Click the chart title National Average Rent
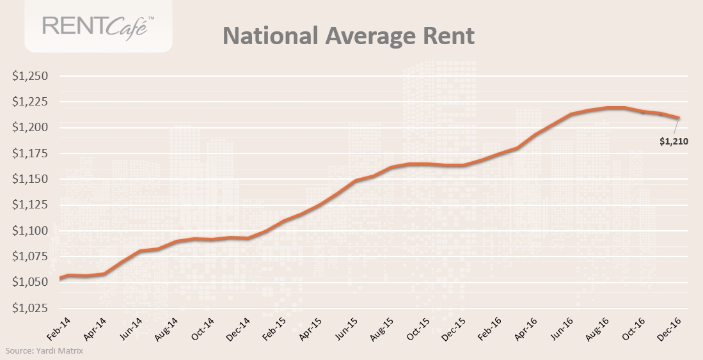(x=349, y=36)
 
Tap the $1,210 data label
(x=674, y=141)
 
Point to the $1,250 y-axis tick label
(x=31, y=76)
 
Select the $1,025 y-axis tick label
(x=31, y=308)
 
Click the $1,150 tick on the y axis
(x=31, y=179)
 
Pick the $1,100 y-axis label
(x=31, y=231)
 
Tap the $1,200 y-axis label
(x=31, y=128)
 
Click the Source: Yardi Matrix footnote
(x=44, y=350)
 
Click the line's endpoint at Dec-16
(x=678, y=118)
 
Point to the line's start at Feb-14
(x=60, y=278)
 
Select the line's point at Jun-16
(x=571, y=114)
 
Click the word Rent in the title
(x=448, y=36)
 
